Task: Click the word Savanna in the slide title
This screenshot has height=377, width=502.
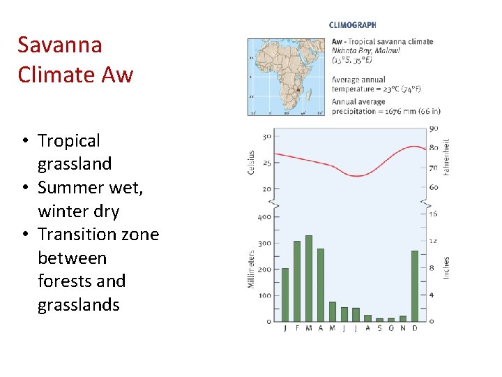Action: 60,45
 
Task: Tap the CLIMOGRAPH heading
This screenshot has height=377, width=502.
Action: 352,25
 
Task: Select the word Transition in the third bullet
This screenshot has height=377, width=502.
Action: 75,235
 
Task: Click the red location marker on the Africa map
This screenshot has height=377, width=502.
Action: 298,90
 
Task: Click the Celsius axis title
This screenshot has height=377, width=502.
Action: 252,161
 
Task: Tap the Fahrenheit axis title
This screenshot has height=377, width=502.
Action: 446,156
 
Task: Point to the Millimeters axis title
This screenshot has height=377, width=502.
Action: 252,269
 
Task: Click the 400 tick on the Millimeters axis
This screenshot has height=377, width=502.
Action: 264,217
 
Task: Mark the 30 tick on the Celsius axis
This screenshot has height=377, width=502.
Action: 266,136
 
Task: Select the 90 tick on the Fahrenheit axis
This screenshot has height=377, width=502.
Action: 434,128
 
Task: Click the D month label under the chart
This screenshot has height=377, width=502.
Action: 415,328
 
